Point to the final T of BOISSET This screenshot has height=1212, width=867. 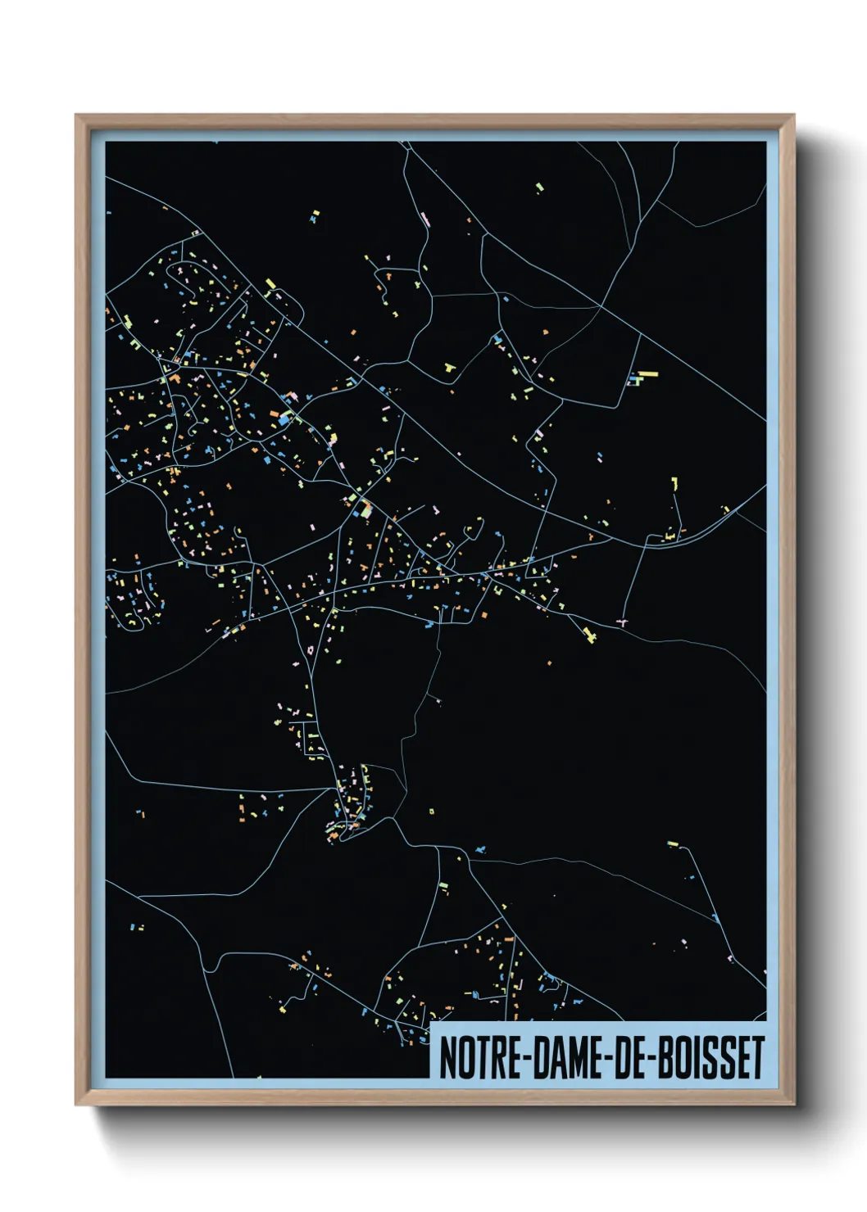(x=757, y=1058)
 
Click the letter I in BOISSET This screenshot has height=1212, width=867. (x=692, y=1058)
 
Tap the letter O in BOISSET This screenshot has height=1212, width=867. (x=678, y=1058)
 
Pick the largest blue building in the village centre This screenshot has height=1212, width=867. (x=284, y=418)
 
